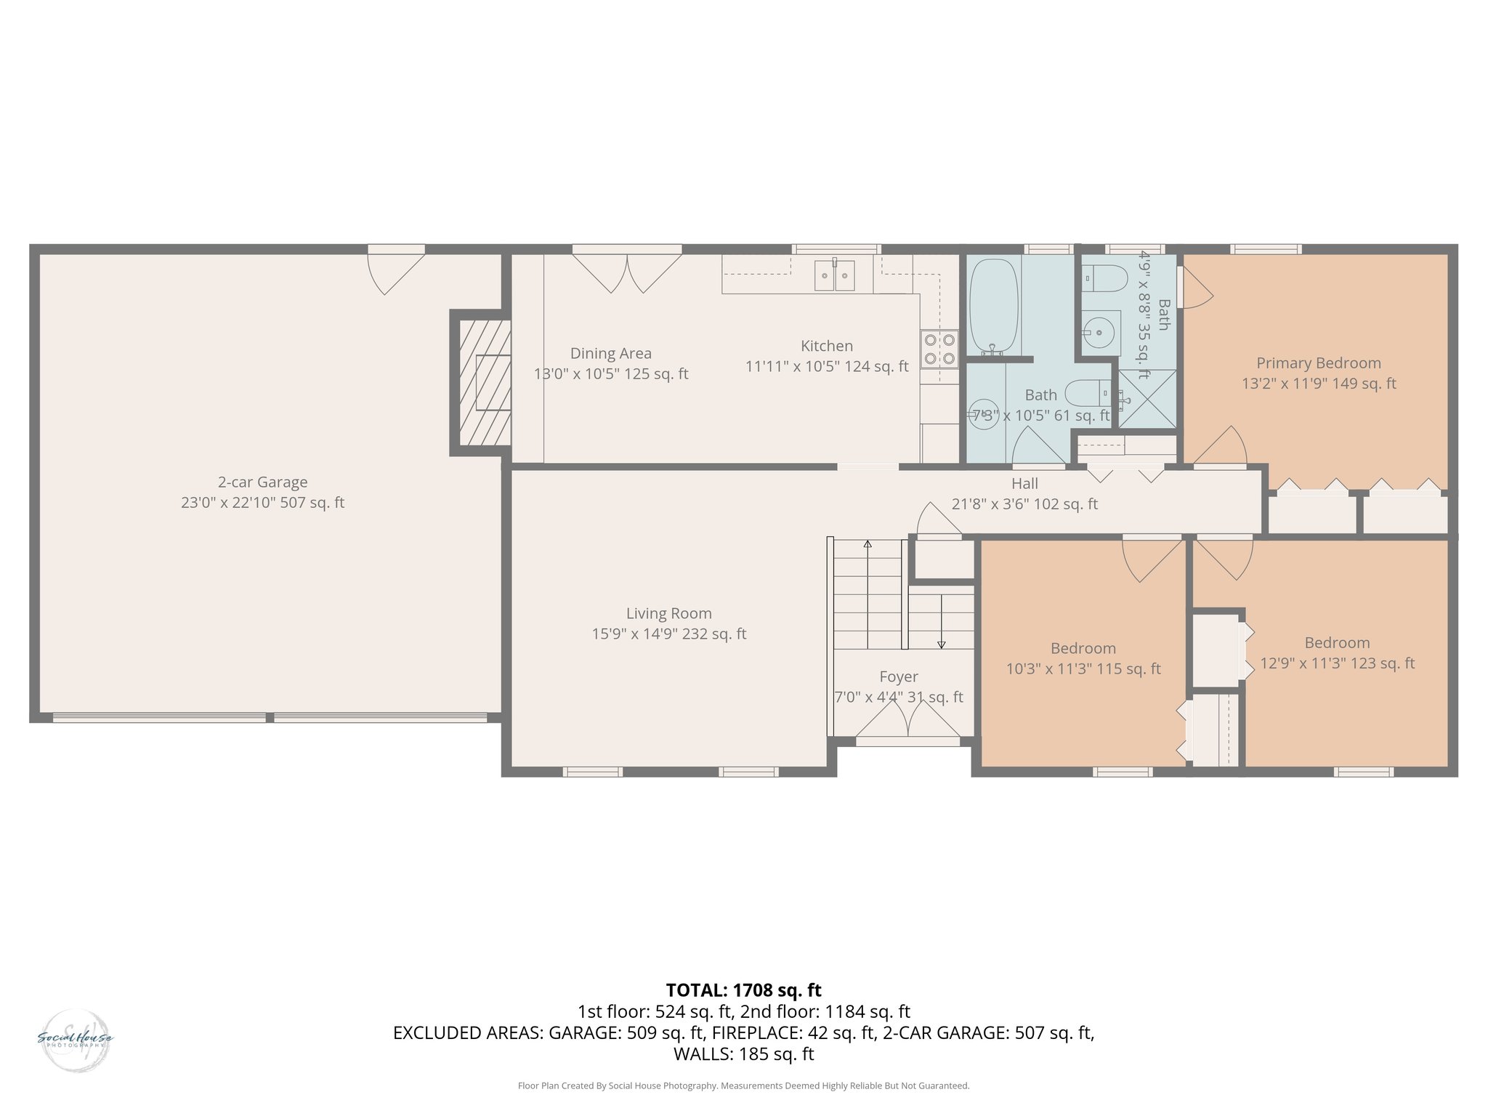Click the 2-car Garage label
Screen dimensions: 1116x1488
[x=262, y=482]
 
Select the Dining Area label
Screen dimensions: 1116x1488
[x=610, y=354]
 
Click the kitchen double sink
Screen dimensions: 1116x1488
[x=834, y=275]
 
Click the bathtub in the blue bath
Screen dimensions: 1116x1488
[x=993, y=307]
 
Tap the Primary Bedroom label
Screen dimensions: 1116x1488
[x=1318, y=363]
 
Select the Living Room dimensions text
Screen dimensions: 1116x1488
[x=668, y=634]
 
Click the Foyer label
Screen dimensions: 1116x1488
[x=899, y=677]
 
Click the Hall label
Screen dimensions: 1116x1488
[x=1024, y=484]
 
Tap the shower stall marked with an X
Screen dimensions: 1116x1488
[x=1147, y=398]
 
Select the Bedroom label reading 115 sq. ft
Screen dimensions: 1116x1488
[x=1083, y=649]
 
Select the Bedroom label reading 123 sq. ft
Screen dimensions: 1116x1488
[x=1337, y=643]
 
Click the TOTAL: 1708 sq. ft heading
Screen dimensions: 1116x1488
[x=743, y=990]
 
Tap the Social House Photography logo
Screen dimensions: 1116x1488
[x=75, y=1040]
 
